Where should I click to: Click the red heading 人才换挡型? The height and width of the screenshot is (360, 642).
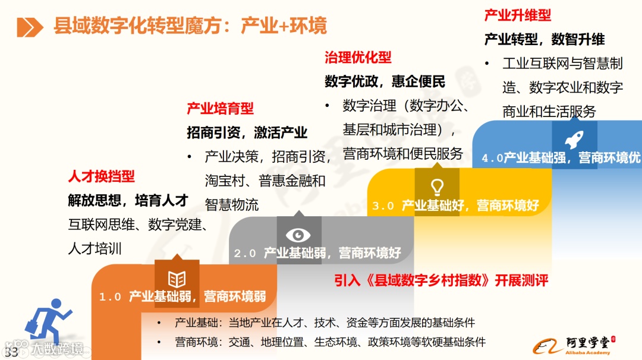click(x=101, y=176)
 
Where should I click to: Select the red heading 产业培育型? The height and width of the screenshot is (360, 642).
click(x=220, y=108)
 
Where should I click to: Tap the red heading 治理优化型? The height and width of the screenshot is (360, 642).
click(x=358, y=57)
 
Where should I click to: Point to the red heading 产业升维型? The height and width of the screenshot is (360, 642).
click(x=518, y=15)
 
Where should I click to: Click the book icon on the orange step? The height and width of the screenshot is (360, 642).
click(x=177, y=279)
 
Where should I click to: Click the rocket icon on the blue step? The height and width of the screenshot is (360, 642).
click(x=574, y=140)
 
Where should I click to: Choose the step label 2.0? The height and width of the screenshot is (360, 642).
click(x=245, y=254)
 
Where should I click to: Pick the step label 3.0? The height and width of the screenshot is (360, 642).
click(x=383, y=206)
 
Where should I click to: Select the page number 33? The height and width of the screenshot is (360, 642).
click(x=11, y=351)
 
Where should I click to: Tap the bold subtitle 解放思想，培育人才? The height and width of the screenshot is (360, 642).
click(x=128, y=201)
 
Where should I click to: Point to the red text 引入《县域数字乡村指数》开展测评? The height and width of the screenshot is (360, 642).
click(x=440, y=280)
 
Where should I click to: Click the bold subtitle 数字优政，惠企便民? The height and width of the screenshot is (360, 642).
click(x=385, y=81)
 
